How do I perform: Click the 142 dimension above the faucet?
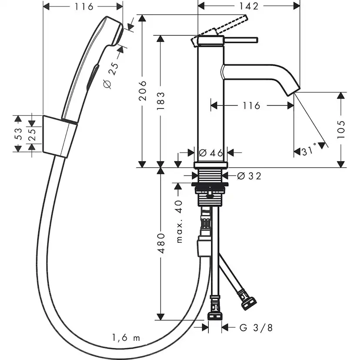tap(249, 6)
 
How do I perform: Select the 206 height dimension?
tap(143, 90)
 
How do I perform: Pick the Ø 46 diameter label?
tap(210, 153)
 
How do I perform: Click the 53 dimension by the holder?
tap(18, 134)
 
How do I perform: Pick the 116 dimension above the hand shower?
tap(83, 6)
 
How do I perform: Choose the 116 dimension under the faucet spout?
tap(251, 105)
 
